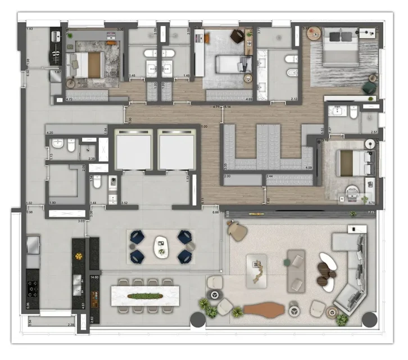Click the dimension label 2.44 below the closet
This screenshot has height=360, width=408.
(270, 177)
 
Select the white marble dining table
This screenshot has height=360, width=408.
(145, 295)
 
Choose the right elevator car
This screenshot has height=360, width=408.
(177, 149)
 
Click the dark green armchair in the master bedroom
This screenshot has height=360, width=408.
(369, 87)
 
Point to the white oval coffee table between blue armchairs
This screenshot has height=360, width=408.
(161, 247)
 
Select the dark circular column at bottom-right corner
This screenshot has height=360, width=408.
(369, 319)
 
